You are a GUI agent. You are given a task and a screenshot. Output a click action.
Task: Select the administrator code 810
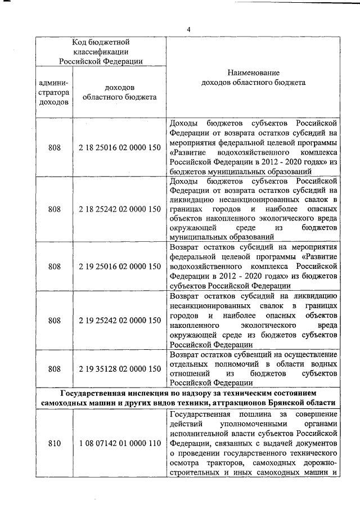(55, 443)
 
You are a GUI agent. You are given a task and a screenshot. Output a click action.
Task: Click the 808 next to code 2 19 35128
(55, 368)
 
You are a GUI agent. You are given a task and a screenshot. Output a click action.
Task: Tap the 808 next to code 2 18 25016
(55, 148)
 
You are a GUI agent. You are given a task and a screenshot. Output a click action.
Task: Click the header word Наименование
(253, 73)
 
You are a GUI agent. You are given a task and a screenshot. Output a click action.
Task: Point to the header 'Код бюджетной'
(101, 42)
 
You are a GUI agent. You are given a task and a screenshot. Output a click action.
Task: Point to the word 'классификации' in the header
(101, 51)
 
